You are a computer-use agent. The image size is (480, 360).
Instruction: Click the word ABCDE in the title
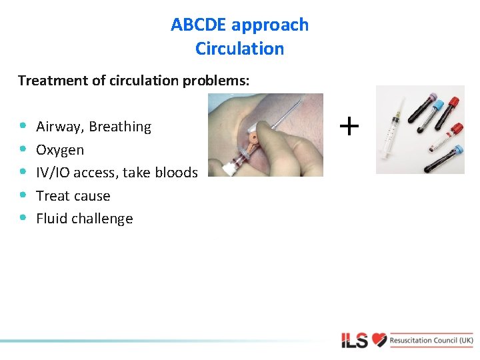(x=198, y=25)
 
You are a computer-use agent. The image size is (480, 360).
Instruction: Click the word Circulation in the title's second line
(x=239, y=49)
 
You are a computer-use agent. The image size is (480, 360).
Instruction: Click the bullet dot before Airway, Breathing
(x=23, y=125)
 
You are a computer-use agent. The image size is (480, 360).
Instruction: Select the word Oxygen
(x=60, y=150)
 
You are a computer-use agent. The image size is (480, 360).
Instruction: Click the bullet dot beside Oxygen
(x=23, y=149)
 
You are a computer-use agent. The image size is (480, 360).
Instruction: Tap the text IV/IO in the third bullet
(x=53, y=173)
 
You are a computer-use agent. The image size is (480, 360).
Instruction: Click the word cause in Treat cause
(x=93, y=196)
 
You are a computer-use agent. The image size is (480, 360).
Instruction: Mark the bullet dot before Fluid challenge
(x=23, y=217)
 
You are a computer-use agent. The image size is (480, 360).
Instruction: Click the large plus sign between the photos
(x=349, y=125)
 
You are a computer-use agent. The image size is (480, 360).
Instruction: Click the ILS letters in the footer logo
(x=355, y=341)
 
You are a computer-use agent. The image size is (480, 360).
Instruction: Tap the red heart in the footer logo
(x=379, y=340)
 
